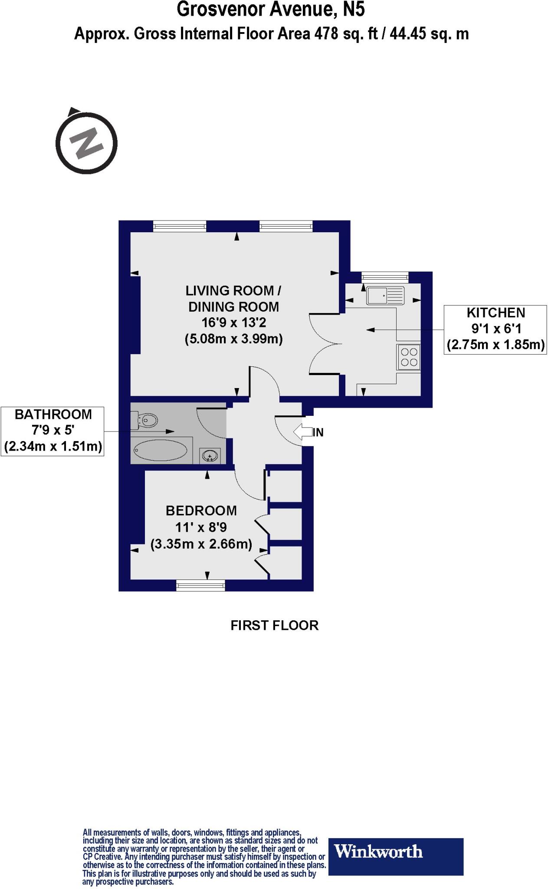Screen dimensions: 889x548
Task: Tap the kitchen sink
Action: pyautogui.click(x=385, y=295)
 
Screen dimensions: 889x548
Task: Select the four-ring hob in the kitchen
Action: pyautogui.click(x=409, y=357)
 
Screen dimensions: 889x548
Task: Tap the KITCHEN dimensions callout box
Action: pyautogui.click(x=495, y=329)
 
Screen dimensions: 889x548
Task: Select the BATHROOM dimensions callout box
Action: pyautogui.click(x=53, y=431)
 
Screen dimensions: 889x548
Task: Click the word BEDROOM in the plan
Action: pyautogui.click(x=201, y=510)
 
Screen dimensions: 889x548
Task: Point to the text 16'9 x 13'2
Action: pyautogui.click(x=233, y=323)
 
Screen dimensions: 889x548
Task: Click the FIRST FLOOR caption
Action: pyautogui.click(x=274, y=626)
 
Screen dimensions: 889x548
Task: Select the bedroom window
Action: pyautogui.click(x=201, y=586)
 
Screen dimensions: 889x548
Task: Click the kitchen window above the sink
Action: pyautogui.click(x=385, y=275)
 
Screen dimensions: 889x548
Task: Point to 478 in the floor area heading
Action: pyautogui.click(x=325, y=34)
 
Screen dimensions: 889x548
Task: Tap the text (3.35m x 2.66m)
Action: pyautogui.click(x=201, y=544)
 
